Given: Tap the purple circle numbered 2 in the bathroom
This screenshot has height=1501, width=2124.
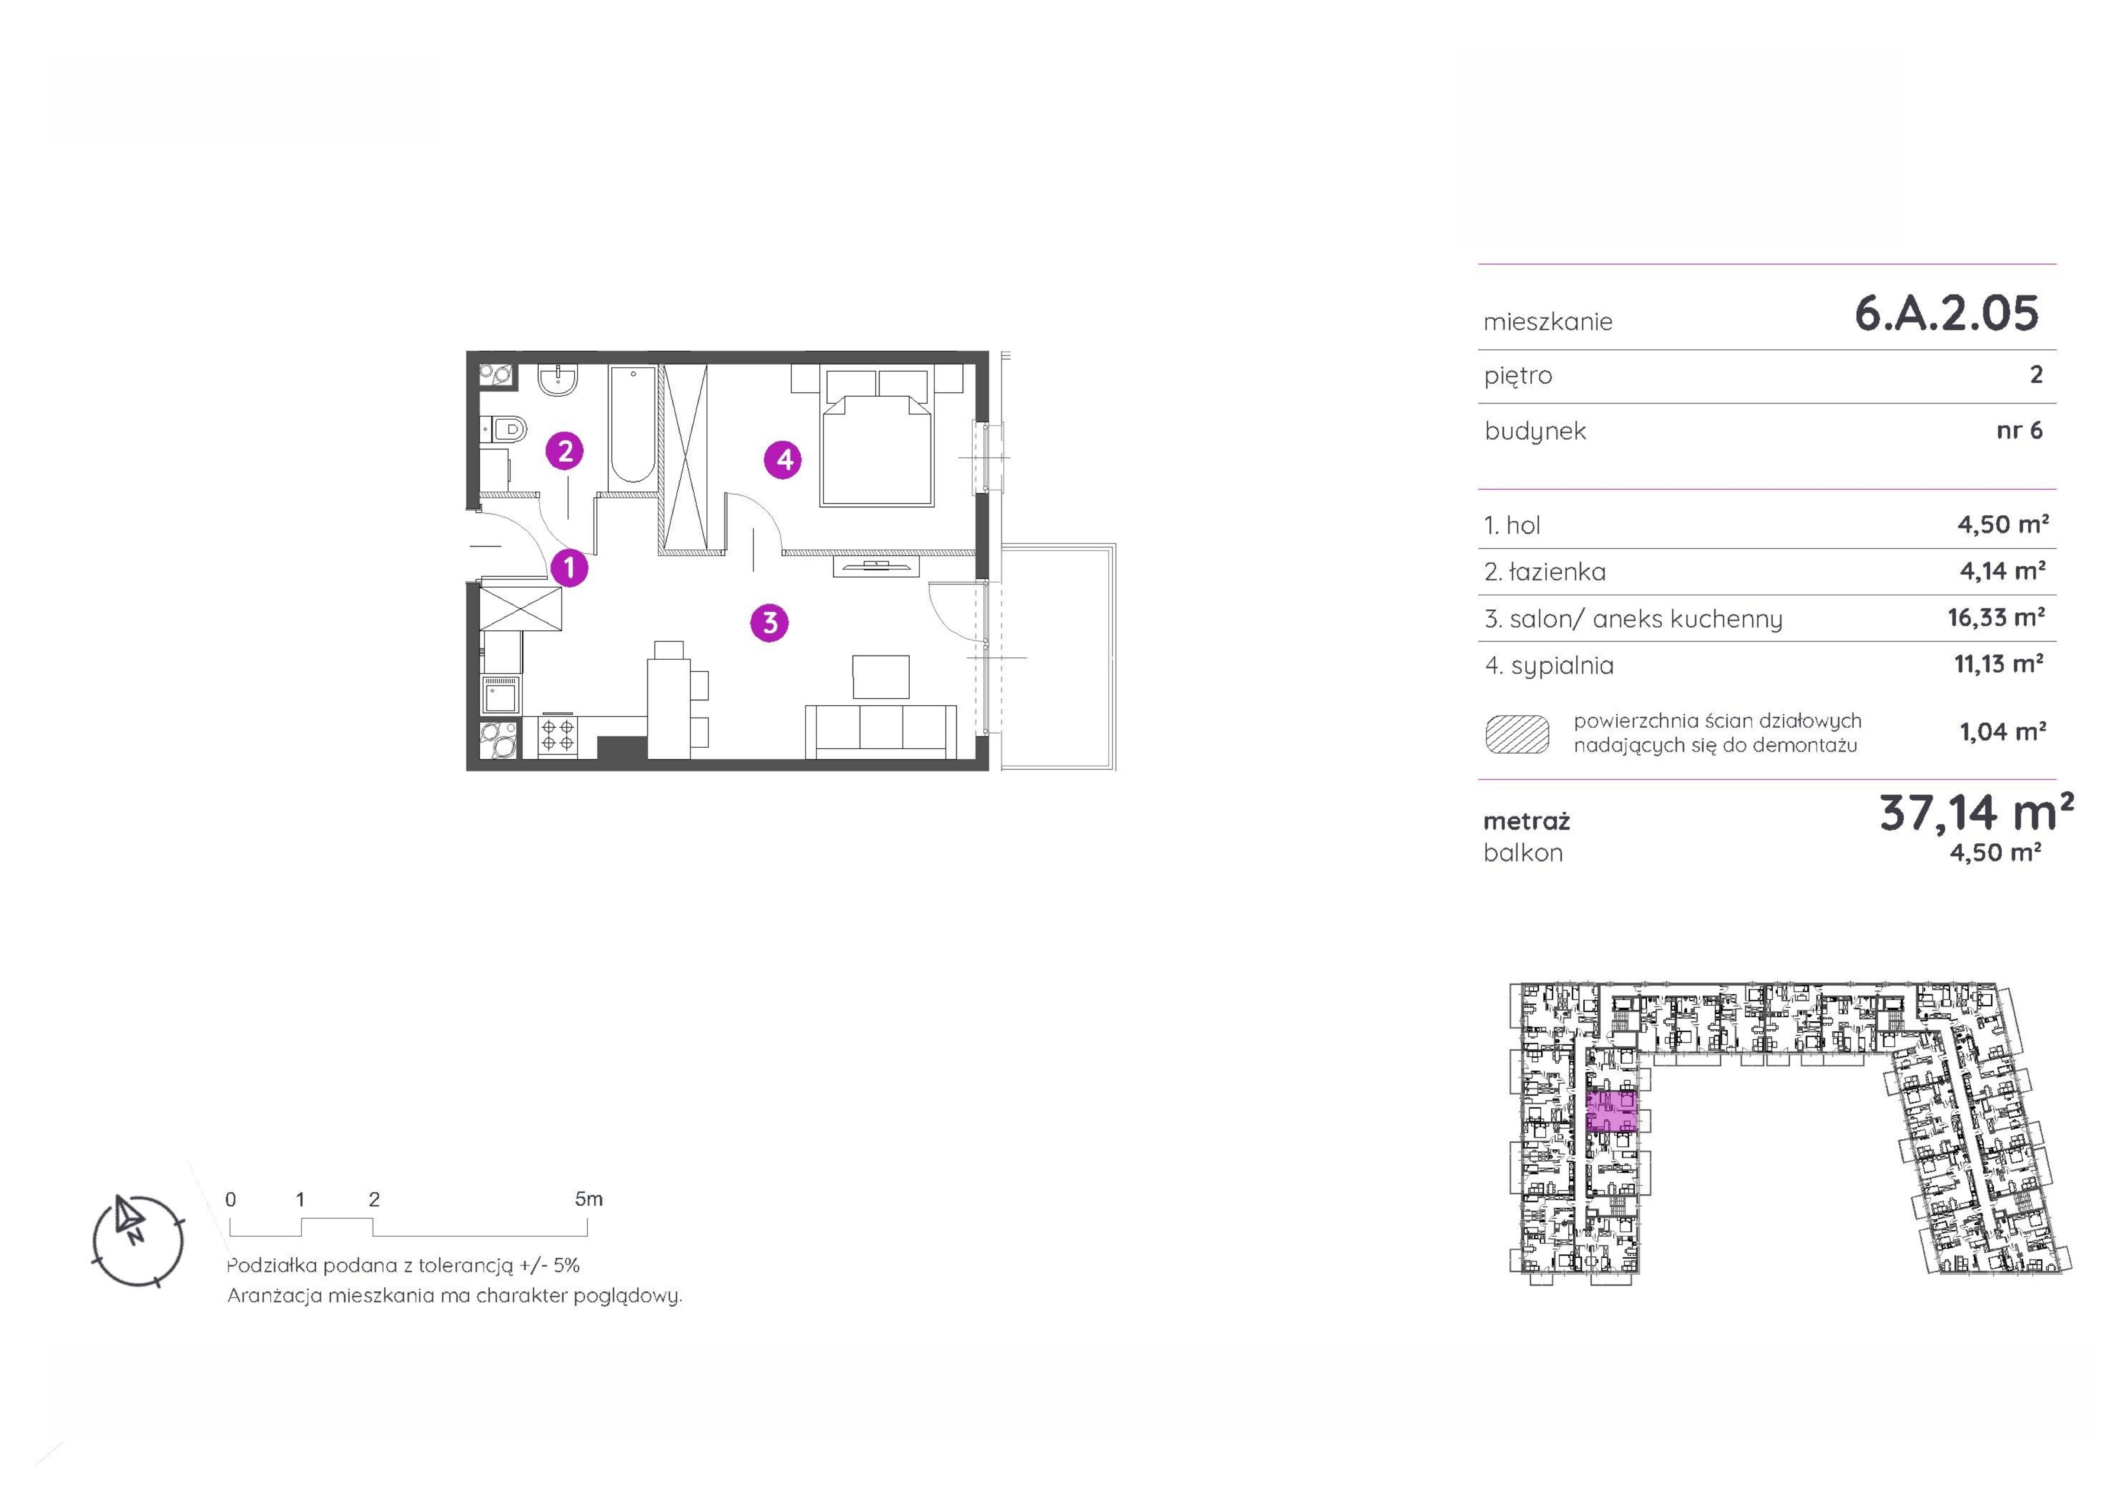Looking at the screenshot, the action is pos(565,451).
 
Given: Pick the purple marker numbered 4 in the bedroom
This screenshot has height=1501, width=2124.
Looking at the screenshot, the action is pos(783,459).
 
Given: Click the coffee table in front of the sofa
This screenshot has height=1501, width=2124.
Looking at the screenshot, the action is pos(881,676).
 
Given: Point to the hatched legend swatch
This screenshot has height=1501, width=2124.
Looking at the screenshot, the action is pos(1517,734).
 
